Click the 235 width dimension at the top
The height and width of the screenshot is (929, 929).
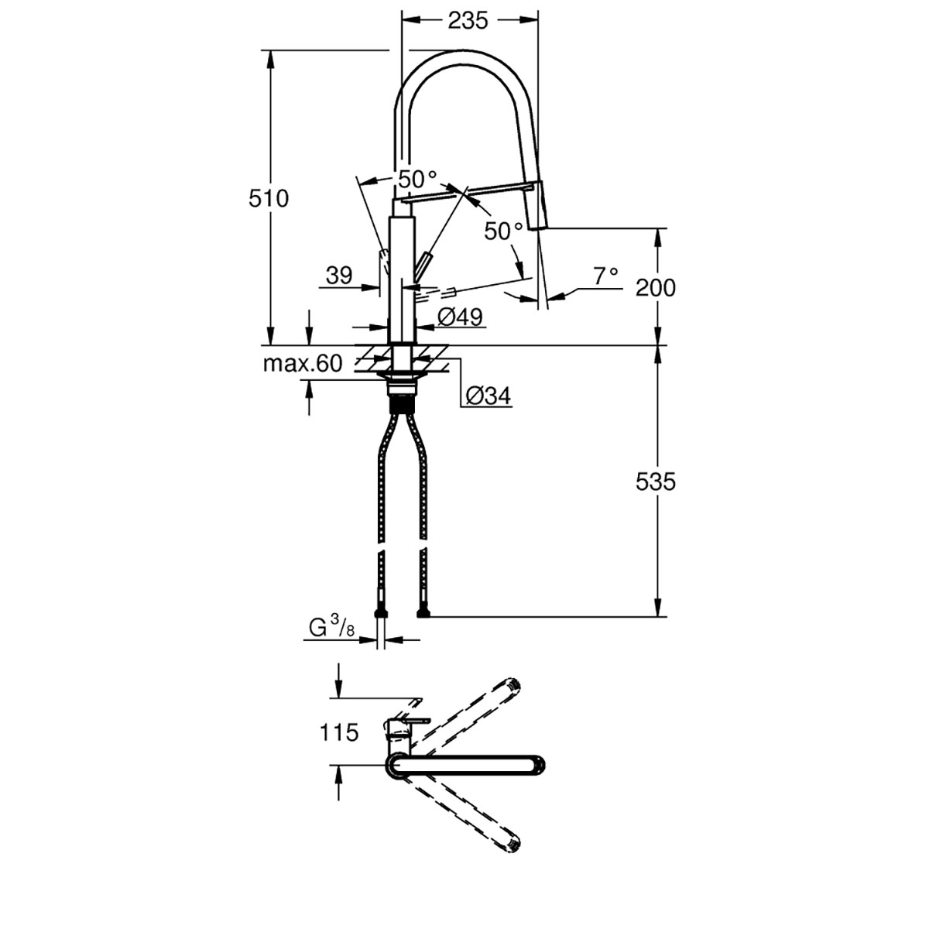pyautogui.click(x=468, y=20)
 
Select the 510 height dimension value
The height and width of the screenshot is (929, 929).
pyautogui.click(x=269, y=199)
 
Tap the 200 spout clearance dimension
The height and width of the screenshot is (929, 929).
pyautogui.click(x=656, y=288)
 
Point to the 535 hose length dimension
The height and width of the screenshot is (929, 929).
pyautogui.click(x=656, y=482)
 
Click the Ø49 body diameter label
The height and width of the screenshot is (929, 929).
pyautogui.click(x=460, y=317)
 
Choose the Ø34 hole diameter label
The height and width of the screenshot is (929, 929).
pyautogui.click(x=488, y=396)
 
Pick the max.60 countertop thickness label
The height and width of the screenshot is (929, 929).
pyautogui.click(x=303, y=364)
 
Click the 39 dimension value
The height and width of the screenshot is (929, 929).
pyautogui.click(x=339, y=276)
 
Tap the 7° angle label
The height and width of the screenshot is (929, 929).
pyautogui.click(x=605, y=276)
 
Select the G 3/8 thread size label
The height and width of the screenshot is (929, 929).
pyautogui.click(x=332, y=629)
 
